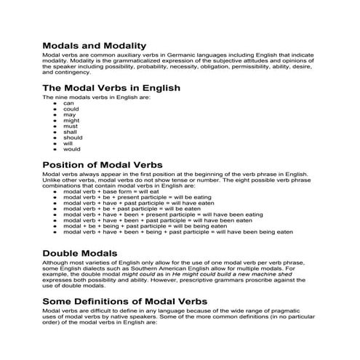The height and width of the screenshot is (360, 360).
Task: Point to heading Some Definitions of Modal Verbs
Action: (x=135, y=300)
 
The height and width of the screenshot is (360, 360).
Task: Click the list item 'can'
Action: (x=68, y=103)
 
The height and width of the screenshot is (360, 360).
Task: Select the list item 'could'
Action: (x=71, y=108)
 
